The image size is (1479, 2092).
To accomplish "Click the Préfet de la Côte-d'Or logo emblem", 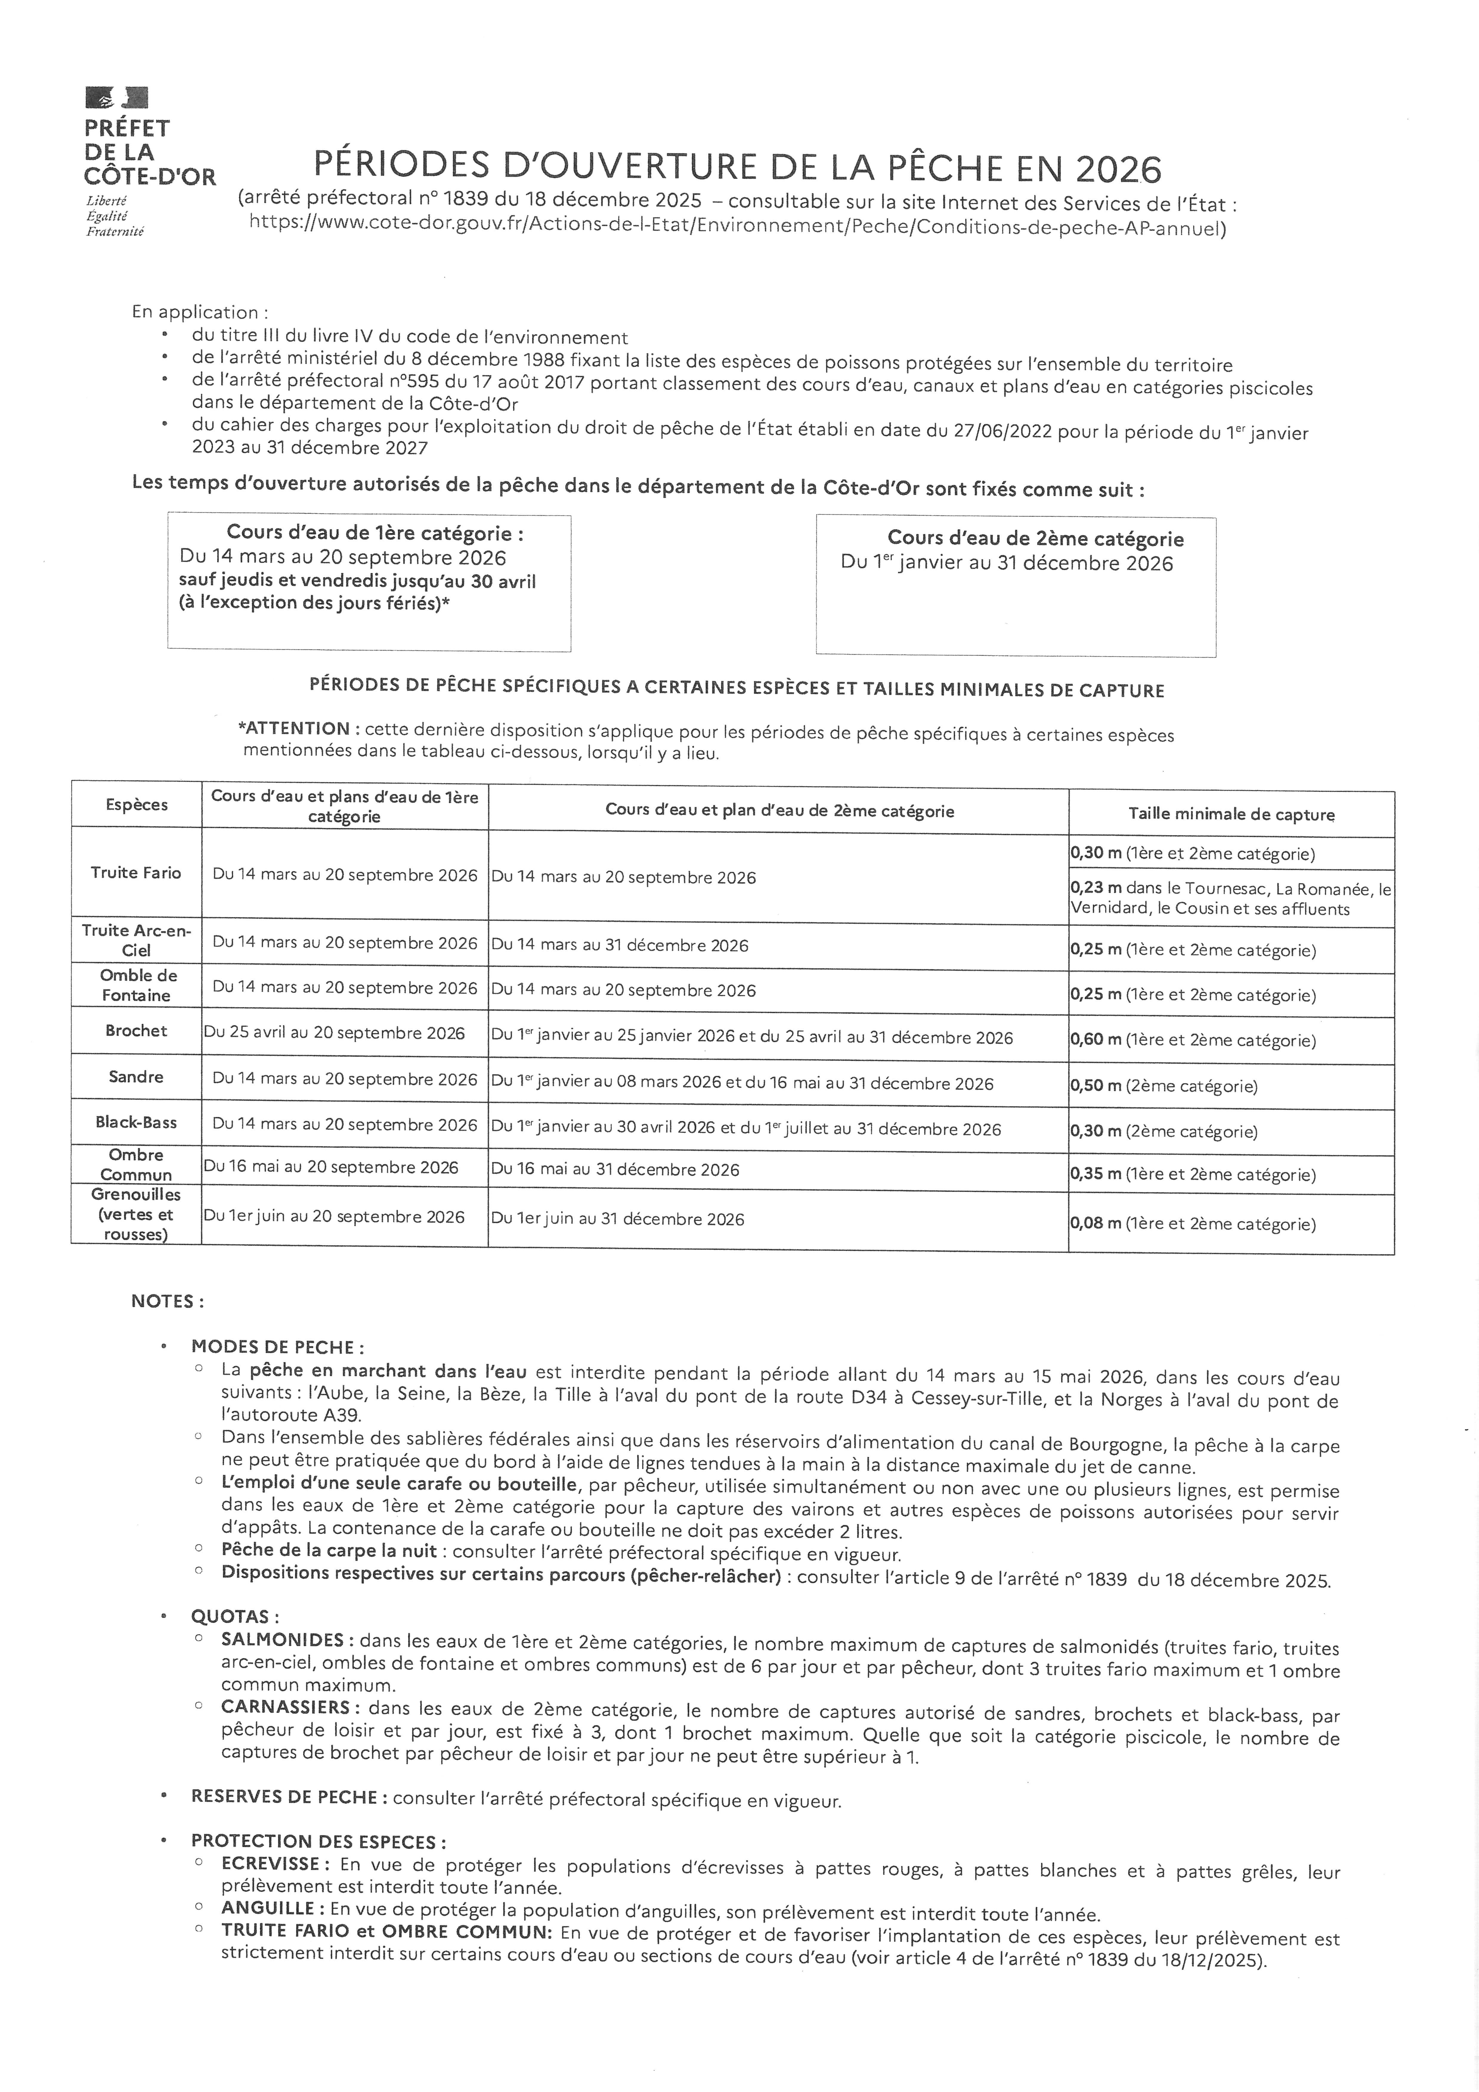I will [x=117, y=98].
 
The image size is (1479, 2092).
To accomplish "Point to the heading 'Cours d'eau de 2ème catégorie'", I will [x=1035, y=539].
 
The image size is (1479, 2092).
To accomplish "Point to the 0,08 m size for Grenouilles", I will [x=1095, y=1223].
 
